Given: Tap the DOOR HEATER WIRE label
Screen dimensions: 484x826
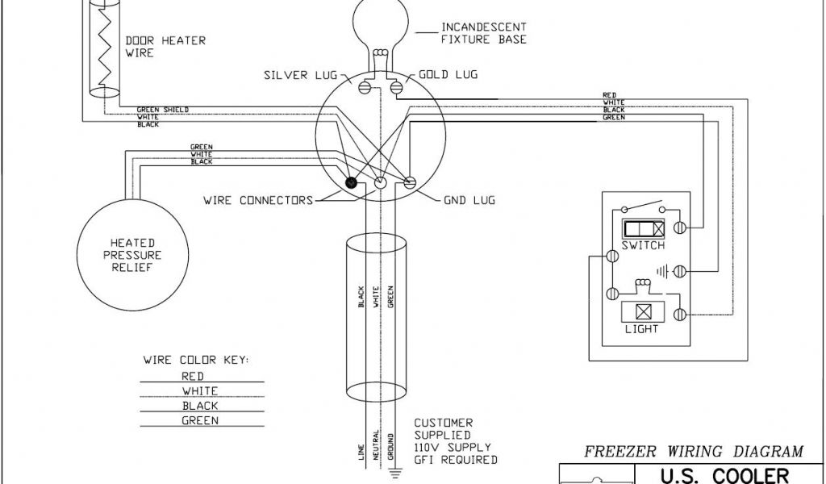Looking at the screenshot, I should [x=154, y=47].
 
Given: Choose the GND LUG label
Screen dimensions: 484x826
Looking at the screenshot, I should [x=469, y=199].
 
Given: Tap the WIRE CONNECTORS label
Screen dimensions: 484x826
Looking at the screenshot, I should [x=257, y=199].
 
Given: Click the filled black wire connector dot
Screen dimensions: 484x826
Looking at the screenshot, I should [x=352, y=183].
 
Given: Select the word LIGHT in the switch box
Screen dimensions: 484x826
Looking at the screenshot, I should [x=642, y=328].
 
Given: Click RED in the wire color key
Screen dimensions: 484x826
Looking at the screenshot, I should [x=193, y=376].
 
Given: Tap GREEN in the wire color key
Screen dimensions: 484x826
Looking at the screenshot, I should [x=198, y=420].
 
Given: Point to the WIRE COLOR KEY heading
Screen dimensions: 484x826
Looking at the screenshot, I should [x=196, y=359].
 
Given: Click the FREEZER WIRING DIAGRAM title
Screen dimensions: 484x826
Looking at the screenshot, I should [x=693, y=451].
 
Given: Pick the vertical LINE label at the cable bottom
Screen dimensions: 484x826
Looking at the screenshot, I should [x=361, y=453].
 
